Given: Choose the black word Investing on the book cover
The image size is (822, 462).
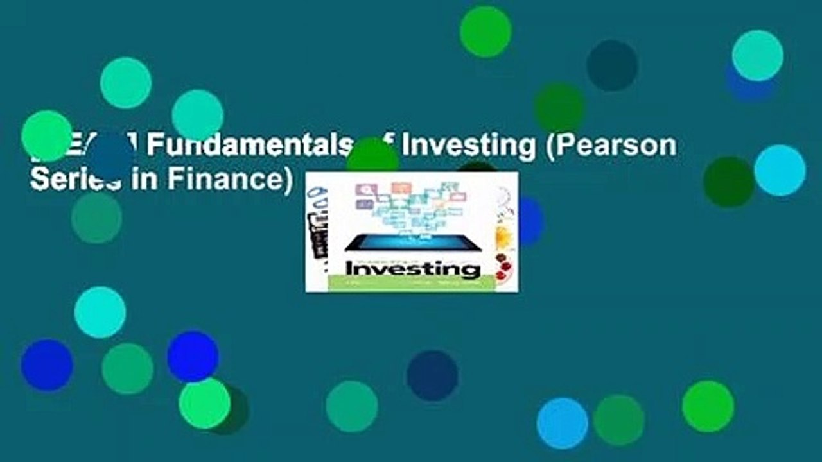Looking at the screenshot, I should click(412, 268).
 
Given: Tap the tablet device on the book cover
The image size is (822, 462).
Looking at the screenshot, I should click(411, 242).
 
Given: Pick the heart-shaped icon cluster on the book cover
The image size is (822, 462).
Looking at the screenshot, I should click(411, 204).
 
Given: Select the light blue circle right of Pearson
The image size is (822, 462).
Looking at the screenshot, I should click(780, 170).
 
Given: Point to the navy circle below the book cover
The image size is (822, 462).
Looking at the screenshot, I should click(432, 375).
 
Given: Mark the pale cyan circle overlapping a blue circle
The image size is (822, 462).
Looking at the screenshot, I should click(758, 55).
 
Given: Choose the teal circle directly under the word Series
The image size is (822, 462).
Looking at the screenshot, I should click(96, 218).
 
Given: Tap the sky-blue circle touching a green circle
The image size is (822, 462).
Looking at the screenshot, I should click(562, 424).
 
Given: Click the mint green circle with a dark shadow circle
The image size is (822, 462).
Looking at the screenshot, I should click(204, 402).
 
